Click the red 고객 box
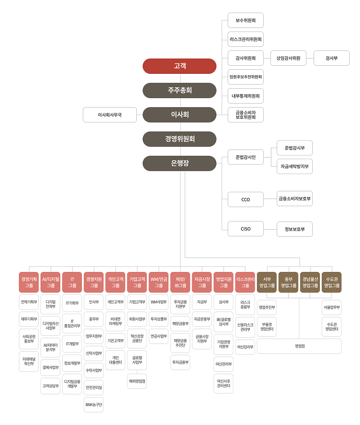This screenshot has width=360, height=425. point(179,66)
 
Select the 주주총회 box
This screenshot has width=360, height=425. point(179,90)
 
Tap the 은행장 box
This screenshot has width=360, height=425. point(179,163)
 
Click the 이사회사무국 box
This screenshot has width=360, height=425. point(110,115)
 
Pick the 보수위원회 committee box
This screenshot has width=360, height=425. point(245,20)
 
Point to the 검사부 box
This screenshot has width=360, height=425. point(332,58)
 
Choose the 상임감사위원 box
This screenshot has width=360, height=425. point(288,58)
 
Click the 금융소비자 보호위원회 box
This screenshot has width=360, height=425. point(245,115)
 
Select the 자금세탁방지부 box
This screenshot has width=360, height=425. point(294,167)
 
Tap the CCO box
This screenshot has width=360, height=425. point(245,199)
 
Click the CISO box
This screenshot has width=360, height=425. point(245,229)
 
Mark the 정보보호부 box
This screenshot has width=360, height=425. point(294,229)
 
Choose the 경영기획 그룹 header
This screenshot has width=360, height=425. point(29,282)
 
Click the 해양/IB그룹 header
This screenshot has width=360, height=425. point(180,282)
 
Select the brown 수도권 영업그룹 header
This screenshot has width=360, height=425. point(332,282)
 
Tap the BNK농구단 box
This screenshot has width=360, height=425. point(94,405)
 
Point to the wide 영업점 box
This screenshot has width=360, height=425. point(299,346)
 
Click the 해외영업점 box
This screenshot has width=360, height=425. point(137,381)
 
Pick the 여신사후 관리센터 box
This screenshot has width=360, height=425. point(224,384)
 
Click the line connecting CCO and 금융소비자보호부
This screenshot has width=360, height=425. point(270,199)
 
